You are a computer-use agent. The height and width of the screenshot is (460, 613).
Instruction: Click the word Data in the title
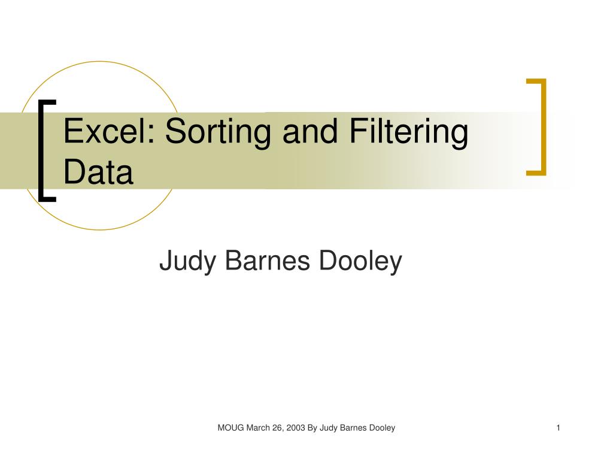[98, 172]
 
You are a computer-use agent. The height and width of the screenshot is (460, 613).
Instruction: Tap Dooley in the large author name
[361, 262]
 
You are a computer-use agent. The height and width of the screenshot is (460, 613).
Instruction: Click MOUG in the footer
[228, 428]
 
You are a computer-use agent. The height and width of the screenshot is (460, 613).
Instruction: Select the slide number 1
[558, 428]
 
